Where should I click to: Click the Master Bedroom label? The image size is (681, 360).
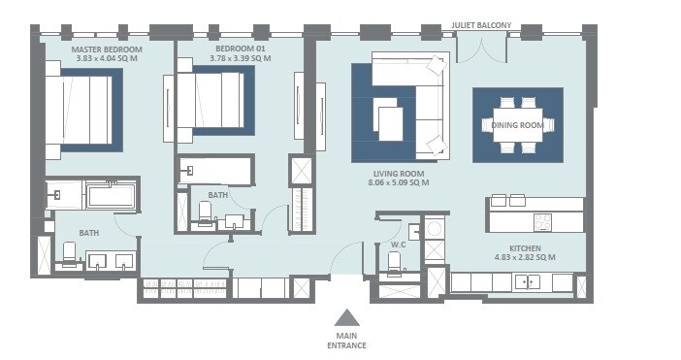click(107, 49)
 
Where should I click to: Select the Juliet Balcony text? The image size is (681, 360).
click(481, 24)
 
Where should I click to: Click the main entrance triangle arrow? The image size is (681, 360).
click(347, 316)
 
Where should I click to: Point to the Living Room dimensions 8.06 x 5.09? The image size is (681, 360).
click(398, 182)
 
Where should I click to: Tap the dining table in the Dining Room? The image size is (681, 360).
click(517, 124)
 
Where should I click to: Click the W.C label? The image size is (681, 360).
click(398, 244)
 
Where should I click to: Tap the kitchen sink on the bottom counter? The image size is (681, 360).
click(529, 281)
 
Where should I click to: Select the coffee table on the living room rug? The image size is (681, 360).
click(390, 124)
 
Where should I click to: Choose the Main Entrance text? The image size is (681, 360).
click(346, 340)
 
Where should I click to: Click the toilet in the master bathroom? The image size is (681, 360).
click(69, 254)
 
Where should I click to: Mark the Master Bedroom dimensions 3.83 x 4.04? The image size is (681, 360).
click(107, 59)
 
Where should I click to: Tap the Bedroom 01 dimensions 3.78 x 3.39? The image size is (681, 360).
click(240, 59)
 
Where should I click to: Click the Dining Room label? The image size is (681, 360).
click(517, 125)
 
